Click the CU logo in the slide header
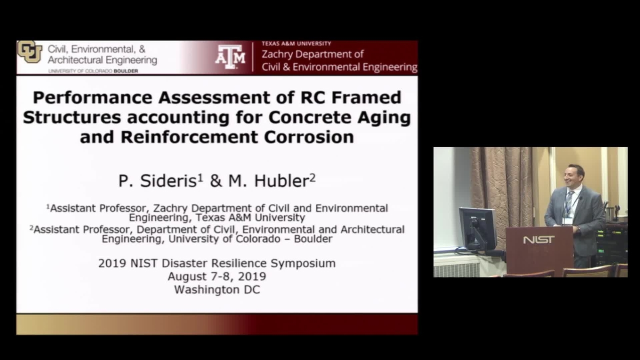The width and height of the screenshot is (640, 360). [x=29, y=51]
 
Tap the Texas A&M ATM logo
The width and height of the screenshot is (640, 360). [x=230, y=57]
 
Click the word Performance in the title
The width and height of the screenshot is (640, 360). [x=93, y=97]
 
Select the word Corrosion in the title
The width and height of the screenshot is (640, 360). [x=309, y=137]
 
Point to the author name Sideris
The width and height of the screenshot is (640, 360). [x=168, y=181]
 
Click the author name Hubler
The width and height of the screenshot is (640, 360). [x=281, y=181]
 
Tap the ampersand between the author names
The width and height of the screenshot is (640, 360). [x=216, y=181]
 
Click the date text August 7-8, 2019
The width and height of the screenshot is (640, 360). [x=217, y=276]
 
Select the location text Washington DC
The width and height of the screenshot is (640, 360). [x=217, y=289]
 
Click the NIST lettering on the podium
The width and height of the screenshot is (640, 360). [x=539, y=239]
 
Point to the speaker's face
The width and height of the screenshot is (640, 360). [x=573, y=179]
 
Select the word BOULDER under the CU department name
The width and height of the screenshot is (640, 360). [x=125, y=71]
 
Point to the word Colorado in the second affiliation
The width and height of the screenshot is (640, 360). [x=258, y=238]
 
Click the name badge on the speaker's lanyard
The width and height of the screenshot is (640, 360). [x=567, y=221]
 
